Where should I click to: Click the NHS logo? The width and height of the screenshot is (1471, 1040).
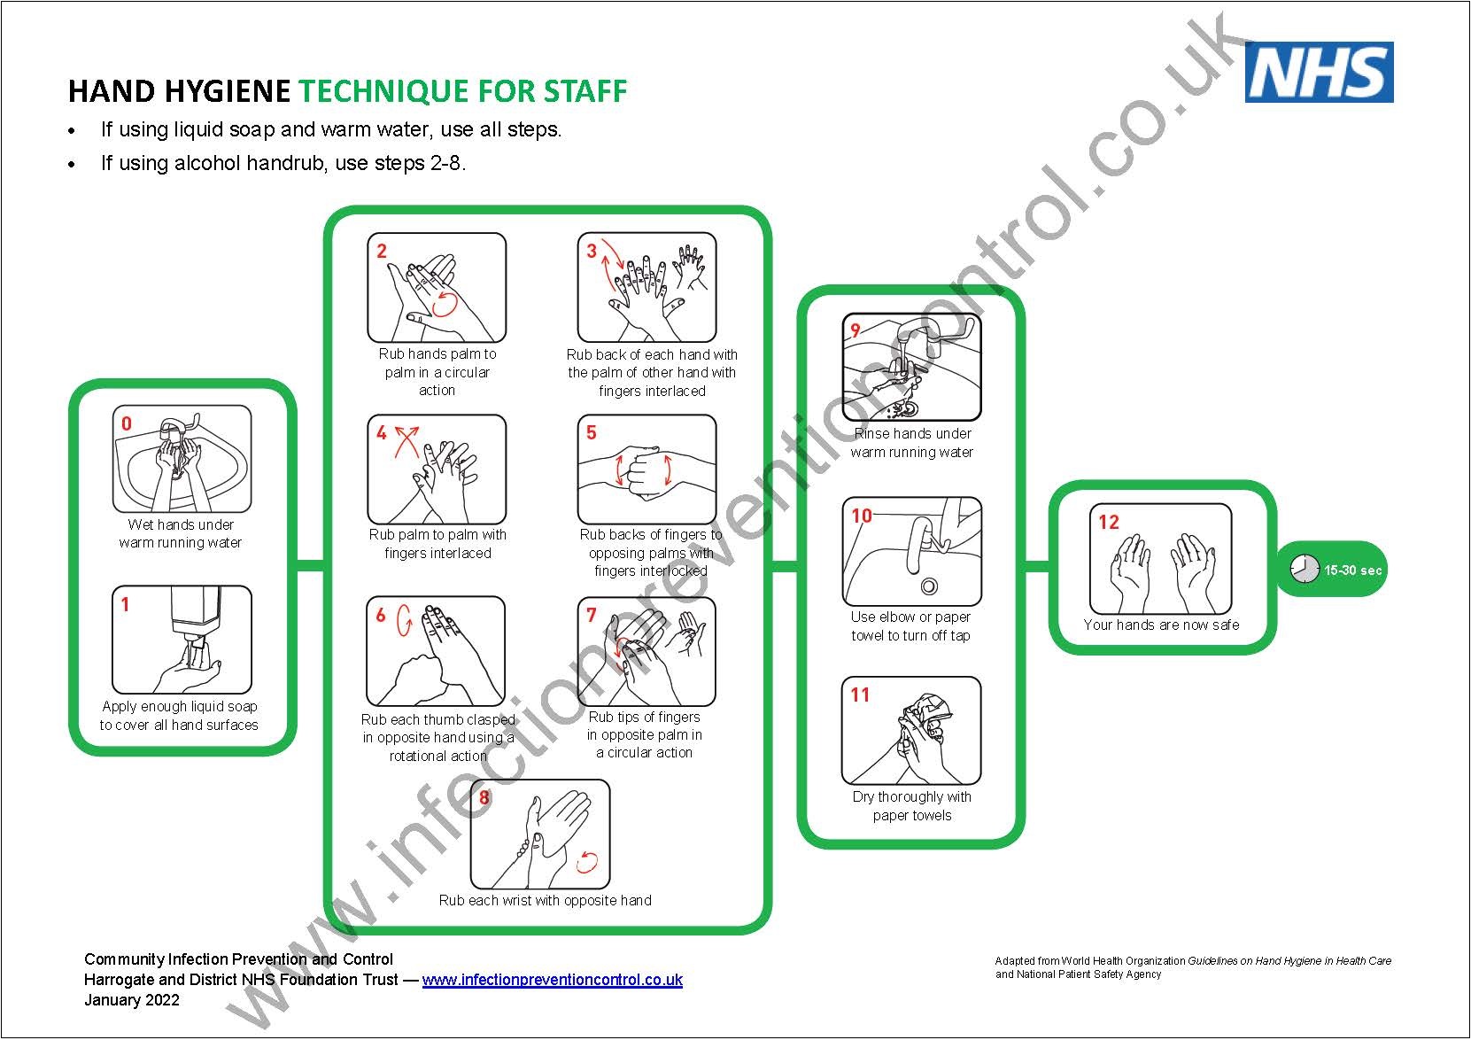pos(1319,72)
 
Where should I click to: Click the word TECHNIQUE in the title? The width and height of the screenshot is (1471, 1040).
pos(383,91)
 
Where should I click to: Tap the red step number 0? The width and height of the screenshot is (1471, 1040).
pos(127,423)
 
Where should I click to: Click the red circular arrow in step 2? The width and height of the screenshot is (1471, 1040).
pos(445,304)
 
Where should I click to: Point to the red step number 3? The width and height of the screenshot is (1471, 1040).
pos(592,252)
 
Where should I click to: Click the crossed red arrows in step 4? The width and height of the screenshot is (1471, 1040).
pos(406,439)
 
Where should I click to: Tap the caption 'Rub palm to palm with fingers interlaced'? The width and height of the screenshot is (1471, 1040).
pos(437,544)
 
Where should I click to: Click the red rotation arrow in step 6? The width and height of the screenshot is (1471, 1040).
pos(405,619)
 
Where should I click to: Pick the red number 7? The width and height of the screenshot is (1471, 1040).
pos(592,615)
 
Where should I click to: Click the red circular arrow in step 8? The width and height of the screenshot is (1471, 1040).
pos(588,861)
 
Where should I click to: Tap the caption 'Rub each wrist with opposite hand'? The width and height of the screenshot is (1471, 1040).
pos(545,901)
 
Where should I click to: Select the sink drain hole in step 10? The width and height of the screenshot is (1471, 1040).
pos(929,586)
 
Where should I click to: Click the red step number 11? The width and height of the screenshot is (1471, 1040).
pos(860,695)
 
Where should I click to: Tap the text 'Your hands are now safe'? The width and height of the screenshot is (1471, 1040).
pos(1160,625)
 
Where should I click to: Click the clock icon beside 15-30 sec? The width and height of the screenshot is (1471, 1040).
pos(1304,570)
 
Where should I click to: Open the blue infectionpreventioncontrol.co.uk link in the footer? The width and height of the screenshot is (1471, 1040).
pos(552,980)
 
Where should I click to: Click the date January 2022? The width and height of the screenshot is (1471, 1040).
pos(132,1000)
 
